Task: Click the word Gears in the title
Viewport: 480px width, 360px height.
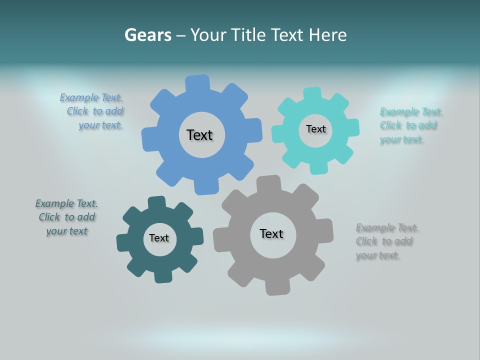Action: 147,35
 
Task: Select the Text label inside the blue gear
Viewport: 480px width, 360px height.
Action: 199,135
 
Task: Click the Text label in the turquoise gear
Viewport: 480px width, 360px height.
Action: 315,129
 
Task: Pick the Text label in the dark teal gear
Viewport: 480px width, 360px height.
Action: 159,238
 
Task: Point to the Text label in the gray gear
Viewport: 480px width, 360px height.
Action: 271,233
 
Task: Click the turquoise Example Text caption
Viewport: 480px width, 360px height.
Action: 410,125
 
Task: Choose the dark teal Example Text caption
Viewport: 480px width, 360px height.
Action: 67,217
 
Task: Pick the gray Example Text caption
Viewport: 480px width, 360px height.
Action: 386,241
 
